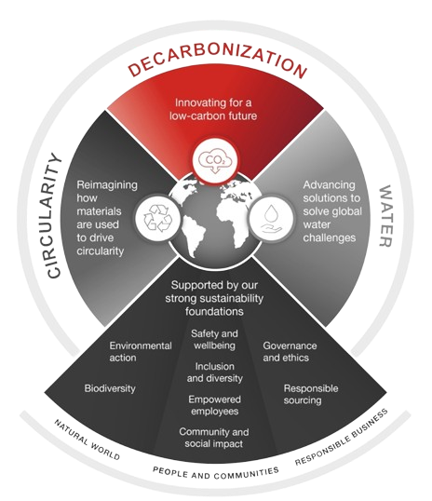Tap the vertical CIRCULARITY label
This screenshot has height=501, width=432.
pyautogui.click(x=54, y=215)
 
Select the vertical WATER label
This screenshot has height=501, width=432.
pyautogui.click(x=385, y=216)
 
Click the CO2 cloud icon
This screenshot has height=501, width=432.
pyautogui.click(x=215, y=160)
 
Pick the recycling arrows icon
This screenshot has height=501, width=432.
pyautogui.click(x=158, y=218)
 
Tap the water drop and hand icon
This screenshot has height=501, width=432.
pyautogui.click(x=271, y=218)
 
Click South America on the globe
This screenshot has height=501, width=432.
pyautogui.click(x=194, y=236)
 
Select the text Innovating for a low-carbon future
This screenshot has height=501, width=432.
pyautogui.click(x=213, y=109)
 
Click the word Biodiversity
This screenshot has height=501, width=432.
pyautogui.click(x=110, y=388)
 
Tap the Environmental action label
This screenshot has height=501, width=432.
pyautogui.click(x=141, y=351)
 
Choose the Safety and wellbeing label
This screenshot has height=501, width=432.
pyautogui.click(x=214, y=339)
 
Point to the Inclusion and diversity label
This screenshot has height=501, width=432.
pyautogui.click(x=215, y=372)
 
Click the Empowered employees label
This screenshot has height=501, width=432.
pyautogui.click(x=215, y=405)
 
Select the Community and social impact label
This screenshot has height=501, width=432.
pyautogui.click(x=214, y=438)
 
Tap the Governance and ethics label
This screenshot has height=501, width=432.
pyautogui.click(x=290, y=351)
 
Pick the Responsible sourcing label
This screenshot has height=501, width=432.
pyautogui.click(x=311, y=394)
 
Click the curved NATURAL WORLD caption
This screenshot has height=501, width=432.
pyautogui.click(x=87, y=440)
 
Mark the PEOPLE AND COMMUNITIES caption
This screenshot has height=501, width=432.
pyautogui.click(x=216, y=473)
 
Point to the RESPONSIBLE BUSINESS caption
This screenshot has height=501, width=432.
pyautogui.click(x=342, y=437)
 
